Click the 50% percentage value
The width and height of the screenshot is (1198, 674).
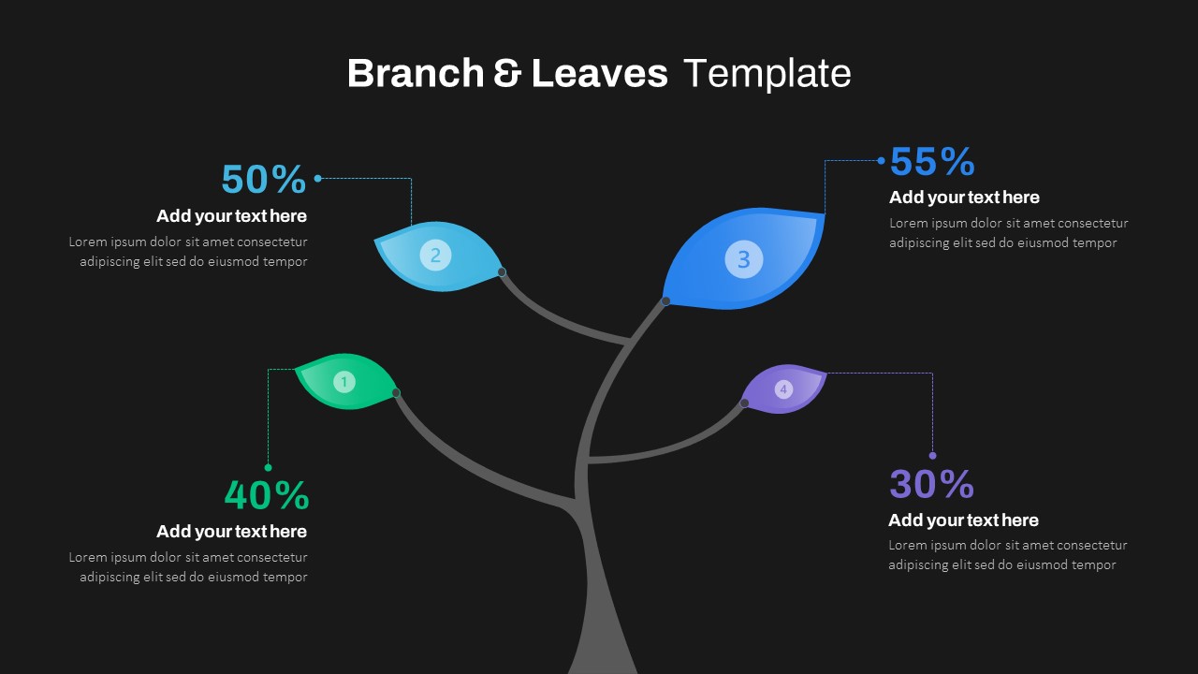coord(263,179)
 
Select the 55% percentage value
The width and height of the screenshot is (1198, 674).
coord(931,162)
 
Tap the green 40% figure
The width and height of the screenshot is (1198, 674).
coord(266,495)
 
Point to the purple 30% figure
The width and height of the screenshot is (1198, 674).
coord(931,484)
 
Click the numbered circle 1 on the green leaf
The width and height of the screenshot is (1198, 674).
coord(344,382)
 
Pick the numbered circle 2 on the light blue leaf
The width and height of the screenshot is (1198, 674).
coord(435,255)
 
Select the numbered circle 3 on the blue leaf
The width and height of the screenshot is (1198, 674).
coord(744,259)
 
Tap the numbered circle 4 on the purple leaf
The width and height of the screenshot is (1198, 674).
coord(783,389)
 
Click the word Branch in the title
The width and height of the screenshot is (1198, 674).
coord(415,73)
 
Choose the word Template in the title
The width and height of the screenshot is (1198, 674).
coord(767,73)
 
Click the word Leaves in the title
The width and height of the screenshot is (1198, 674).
coord(599,73)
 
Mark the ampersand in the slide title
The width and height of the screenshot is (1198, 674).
coord(507,73)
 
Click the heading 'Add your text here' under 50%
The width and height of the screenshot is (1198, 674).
coord(231,216)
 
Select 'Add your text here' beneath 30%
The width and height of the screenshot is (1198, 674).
coord(963,520)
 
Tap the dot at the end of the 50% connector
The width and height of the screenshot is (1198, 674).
coord(318,178)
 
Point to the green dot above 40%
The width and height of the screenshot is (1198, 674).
coord(269,467)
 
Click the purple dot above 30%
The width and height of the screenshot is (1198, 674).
coord(932,456)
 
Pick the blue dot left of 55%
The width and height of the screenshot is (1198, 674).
coord(881,161)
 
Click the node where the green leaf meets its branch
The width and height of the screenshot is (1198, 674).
coord(396,393)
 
